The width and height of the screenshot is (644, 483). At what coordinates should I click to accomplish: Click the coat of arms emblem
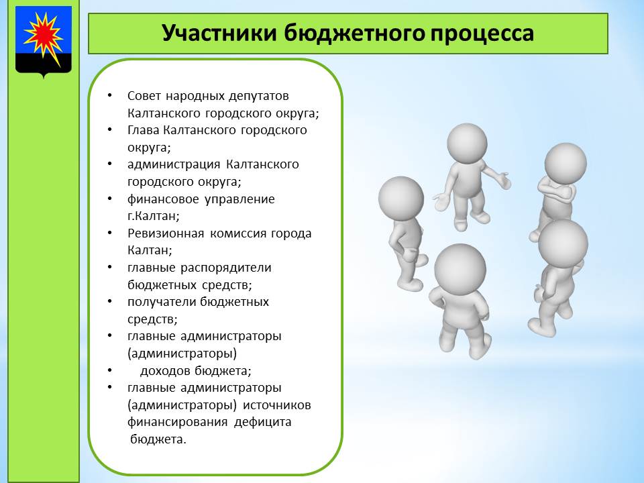[44, 42]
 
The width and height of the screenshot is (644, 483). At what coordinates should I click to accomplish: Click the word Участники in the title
[219, 33]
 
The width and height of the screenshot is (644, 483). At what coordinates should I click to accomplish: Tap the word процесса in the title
[482, 34]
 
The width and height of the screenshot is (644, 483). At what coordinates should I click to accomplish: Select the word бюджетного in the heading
[354, 34]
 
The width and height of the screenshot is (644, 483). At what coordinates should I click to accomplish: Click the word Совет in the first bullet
[144, 96]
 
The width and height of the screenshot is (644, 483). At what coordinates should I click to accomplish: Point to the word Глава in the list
[144, 130]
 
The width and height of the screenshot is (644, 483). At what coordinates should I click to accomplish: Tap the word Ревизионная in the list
[166, 233]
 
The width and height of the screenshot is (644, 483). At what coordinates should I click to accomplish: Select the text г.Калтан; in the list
[153, 215]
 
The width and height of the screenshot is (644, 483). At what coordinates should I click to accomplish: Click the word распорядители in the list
[226, 268]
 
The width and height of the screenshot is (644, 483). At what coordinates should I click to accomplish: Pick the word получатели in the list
[162, 302]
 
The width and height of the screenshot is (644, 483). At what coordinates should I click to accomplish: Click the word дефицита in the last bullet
[262, 422]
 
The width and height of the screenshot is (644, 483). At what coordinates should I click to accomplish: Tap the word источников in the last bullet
[277, 405]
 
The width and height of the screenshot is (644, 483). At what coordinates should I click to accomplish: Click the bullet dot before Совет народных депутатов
[109, 95]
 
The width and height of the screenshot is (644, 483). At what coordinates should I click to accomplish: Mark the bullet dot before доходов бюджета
[109, 370]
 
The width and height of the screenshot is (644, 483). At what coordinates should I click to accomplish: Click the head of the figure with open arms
[467, 144]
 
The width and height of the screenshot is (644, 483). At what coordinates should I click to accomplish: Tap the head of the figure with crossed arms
[566, 164]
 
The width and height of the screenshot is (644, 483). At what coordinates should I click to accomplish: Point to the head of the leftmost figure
[401, 199]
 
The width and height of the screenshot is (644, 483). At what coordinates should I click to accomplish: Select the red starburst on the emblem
[43, 35]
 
